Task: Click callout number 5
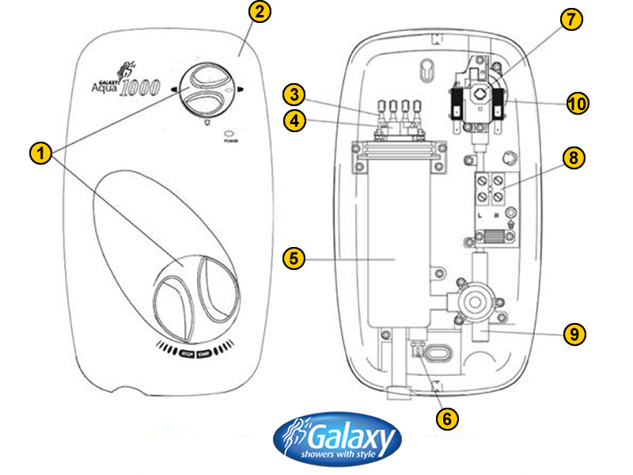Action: pyautogui.click(x=294, y=258)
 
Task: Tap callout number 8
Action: pyautogui.click(x=574, y=158)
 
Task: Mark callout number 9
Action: pyautogui.click(x=574, y=333)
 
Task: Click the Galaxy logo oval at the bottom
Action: pyautogui.click(x=338, y=440)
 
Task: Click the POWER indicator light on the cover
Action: pyautogui.click(x=230, y=134)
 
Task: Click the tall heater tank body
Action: pyautogui.click(x=398, y=237)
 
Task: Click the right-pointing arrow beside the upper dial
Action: pyautogui.click(x=240, y=89)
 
